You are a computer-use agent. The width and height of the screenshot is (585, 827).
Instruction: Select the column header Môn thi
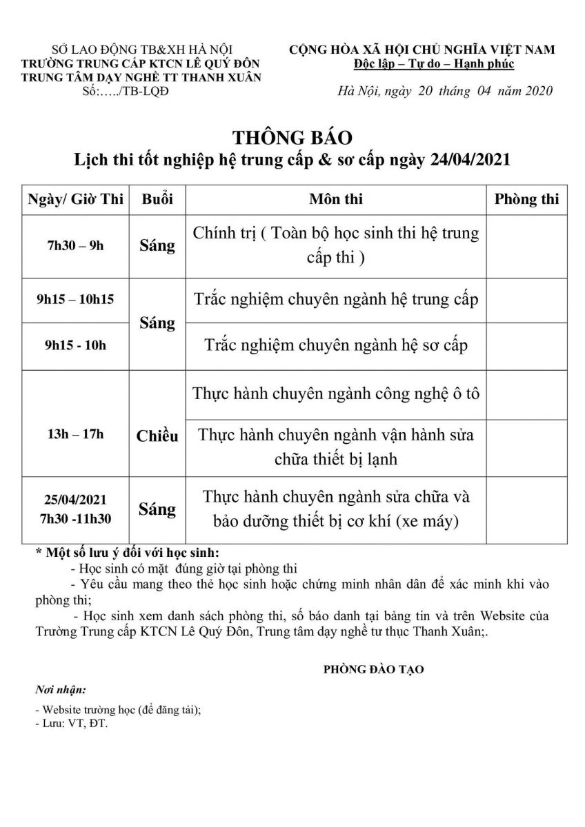(335, 199)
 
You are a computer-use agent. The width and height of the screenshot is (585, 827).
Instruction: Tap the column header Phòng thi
(526, 199)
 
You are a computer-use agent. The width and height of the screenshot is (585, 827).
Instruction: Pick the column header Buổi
(157, 199)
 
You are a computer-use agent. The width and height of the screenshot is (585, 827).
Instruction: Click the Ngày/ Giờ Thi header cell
(76, 199)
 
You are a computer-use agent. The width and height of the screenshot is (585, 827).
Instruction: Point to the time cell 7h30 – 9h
(76, 246)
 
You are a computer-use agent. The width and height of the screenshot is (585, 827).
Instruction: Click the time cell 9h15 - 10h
(76, 345)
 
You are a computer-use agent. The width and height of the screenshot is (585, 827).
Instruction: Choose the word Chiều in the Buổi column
(157, 436)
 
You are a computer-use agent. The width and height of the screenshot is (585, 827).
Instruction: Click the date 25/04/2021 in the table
(76, 500)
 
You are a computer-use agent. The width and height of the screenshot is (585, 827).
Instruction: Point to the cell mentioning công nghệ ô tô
(335, 394)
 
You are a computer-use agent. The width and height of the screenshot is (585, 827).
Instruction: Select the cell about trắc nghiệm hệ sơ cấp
(335, 345)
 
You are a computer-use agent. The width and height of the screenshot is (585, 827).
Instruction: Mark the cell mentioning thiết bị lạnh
(335, 447)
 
